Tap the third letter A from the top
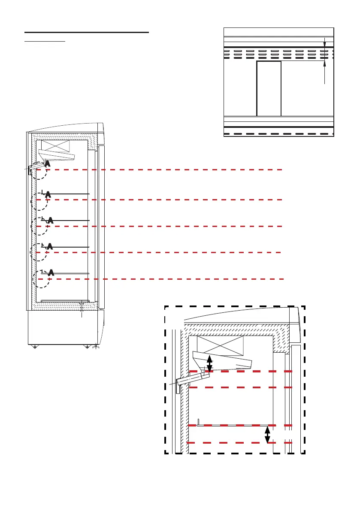[50, 221]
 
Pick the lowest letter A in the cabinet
[51, 272]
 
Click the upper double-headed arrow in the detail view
[209, 363]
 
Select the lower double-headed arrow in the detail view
[267, 434]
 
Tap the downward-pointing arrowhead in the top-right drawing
[324, 43]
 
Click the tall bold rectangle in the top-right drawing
[269, 88]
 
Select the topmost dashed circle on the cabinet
[39, 170]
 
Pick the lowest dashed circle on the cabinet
[42, 279]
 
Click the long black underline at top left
[86, 32]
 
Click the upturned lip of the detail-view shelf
[198, 421]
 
